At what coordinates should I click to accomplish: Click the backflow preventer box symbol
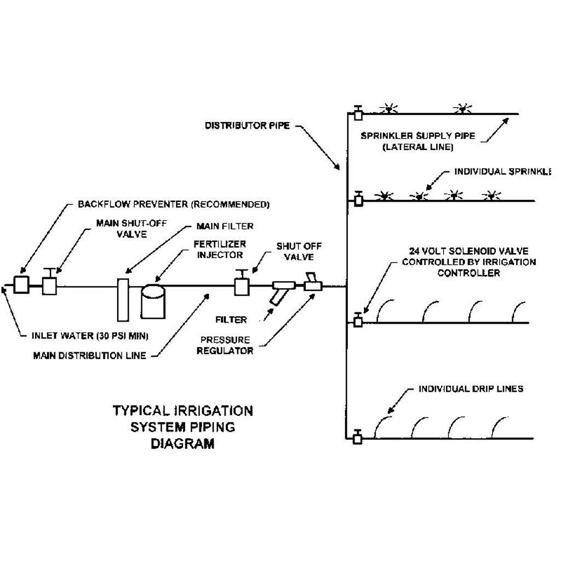click(x=22, y=285)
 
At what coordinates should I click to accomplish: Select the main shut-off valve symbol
click(x=50, y=284)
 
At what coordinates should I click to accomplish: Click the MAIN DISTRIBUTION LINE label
click(x=89, y=355)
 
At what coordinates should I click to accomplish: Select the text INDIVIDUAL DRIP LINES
click(x=471, y=390)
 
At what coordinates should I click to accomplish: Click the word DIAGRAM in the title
click(x=182, y=443)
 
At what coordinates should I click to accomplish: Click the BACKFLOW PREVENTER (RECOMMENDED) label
click(x=174, y=205)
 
